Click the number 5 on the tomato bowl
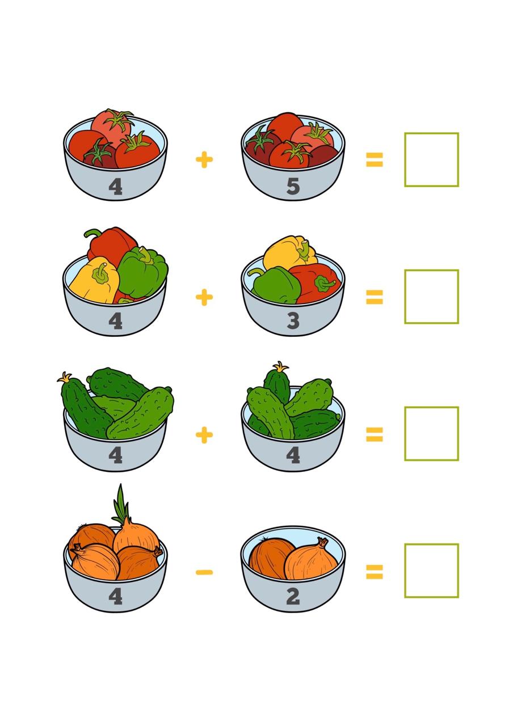[x=293, y=187]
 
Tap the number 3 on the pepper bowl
[x=293, y=321]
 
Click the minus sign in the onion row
[x=204, y=572]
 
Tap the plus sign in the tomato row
[x=204, y=159]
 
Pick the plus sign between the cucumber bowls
[x=204, y=435]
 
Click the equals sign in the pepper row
[x=375, y=297]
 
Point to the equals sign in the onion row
[x=375, y=572]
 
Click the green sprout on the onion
[x=121, y=505]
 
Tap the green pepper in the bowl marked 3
[x=276, y=285]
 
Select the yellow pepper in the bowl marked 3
[x=289, y=253]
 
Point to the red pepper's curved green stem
[x=92, y=233]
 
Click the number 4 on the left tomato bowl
[x=115, y=187]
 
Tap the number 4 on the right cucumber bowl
[x=293, y=455]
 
